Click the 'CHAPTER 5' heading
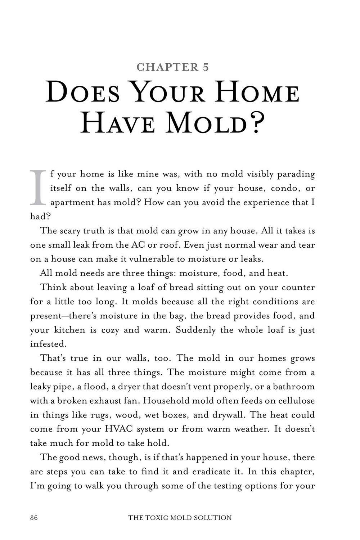coord(173,67)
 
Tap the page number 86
coord(34,518)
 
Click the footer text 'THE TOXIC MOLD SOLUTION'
coord(180,518)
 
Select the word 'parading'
coord(297,175)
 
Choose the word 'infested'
coord(48,344)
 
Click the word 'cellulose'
coord(293,401)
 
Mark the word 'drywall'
coord(228,415)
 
